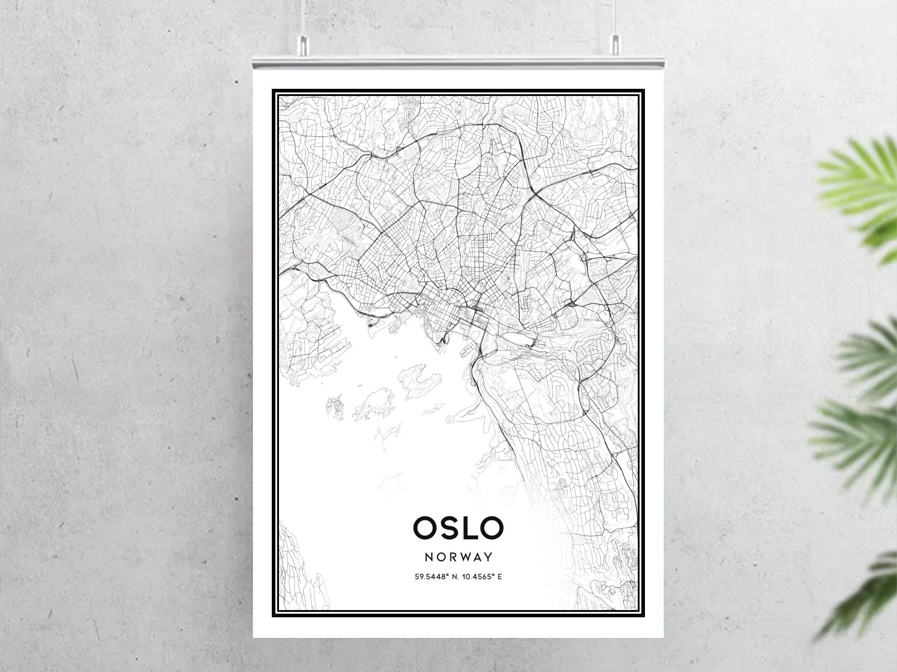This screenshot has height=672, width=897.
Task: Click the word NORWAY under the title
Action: click(x=458, y=557)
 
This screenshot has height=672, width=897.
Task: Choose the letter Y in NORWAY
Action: click(x=489, y=557)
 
